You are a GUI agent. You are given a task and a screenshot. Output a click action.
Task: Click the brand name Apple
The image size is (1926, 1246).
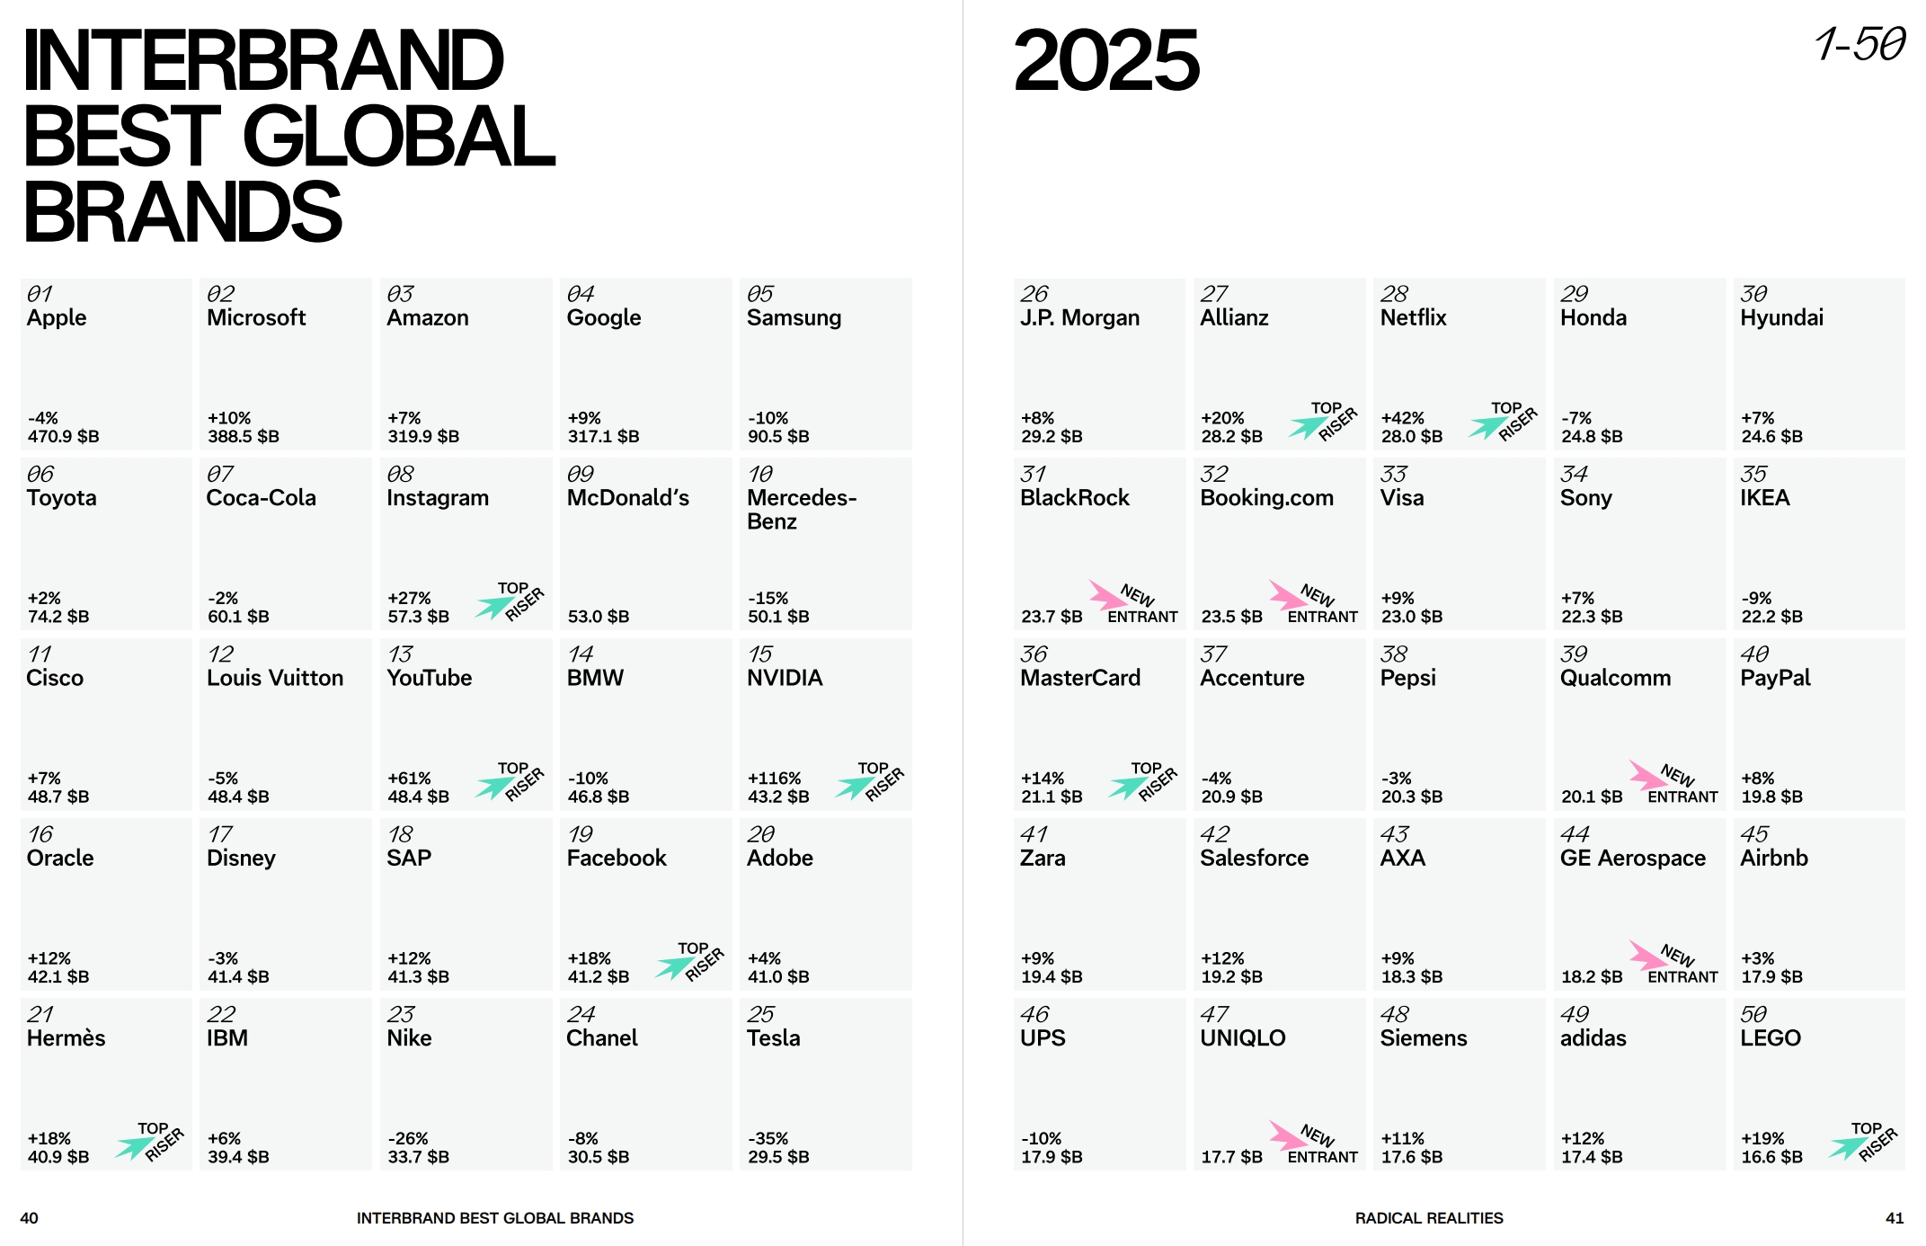pyautogui.click(x=57, y=318)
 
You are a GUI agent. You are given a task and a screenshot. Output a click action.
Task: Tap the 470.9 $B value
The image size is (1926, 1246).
pyautogui.click(x=63, y=437)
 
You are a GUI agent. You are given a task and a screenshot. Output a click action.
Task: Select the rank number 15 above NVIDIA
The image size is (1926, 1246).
pyautogui.click(x=760, y=654)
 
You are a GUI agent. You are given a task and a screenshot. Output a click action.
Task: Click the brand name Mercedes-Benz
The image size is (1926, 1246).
pyautogui.click(x=801, y=510)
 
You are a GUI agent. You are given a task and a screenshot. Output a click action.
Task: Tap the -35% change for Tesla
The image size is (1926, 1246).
pyautogui.click(x=768, y=1139)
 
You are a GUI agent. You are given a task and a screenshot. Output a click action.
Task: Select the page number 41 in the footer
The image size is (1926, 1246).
pyautogui.click(x=1895, y=1218)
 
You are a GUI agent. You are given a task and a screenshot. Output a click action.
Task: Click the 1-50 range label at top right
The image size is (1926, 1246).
pyautogui.click(x=1859, y=45)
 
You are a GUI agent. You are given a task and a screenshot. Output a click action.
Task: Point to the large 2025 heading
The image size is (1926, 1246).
pyautogui.click(x=1106, y=60)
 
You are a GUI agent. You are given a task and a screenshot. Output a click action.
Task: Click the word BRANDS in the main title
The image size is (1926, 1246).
pyautogui.click(x=182, y=212)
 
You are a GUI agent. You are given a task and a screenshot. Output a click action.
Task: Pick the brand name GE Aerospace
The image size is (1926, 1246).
pyautogui.click(x=1632, y=859)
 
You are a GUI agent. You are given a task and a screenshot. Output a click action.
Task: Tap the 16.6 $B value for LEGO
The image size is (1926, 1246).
pyautogui.click(x=1771, y=1157)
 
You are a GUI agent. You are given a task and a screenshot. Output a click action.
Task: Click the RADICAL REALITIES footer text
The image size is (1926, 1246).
pyautogui.click(x=1429, y=1218)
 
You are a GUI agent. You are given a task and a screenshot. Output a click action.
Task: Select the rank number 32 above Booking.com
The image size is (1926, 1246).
pyautogui.click(x=1214, y=475)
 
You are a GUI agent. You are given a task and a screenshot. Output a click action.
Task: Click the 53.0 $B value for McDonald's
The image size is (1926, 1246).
pyautogui.click(x=599, y=617)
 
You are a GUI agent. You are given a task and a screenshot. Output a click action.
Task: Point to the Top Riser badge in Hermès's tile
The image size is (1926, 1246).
pyautogui.click(x=150, y=1143)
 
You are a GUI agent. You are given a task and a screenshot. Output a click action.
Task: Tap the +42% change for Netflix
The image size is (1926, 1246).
pyautogui.click(x=1402, y=419)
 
